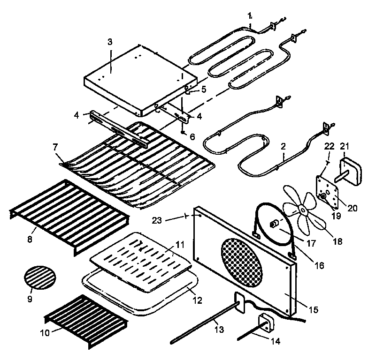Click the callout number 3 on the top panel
click(110, 42)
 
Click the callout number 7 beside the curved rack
click(55, 147)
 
